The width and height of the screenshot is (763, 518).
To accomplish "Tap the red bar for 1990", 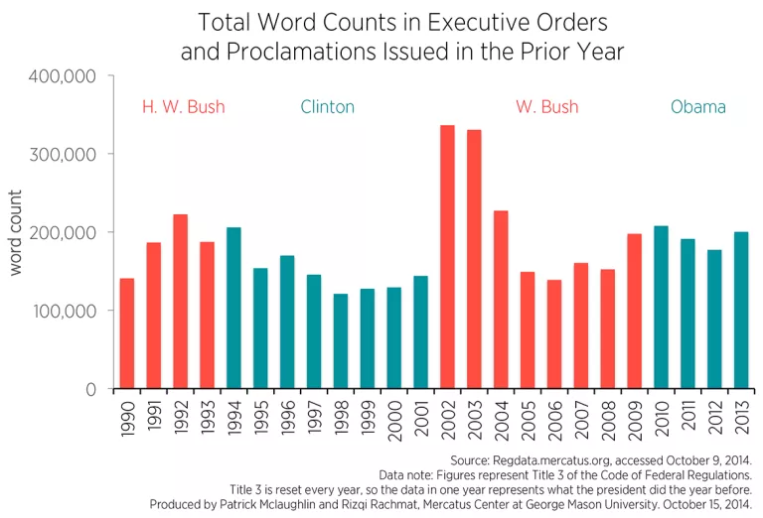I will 126,333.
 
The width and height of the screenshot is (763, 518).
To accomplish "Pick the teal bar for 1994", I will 233,308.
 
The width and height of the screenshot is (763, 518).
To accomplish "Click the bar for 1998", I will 341,341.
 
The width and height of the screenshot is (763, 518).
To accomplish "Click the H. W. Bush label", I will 184,107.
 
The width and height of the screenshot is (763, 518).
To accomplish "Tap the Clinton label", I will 327,107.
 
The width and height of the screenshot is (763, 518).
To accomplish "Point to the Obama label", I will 697,107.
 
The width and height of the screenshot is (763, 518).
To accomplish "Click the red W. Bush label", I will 546,107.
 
